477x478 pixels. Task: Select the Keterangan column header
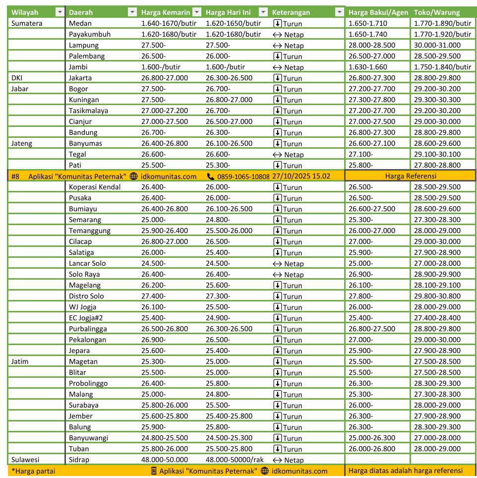coord(292,12)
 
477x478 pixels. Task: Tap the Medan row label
coord(80,23)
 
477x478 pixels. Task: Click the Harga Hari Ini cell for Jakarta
coord(229,78)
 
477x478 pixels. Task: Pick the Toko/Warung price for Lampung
coord(437,45)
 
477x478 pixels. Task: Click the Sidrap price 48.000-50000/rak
coord(235,460)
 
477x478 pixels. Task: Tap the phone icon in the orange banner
coord(211,176)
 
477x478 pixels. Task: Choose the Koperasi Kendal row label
coord(95,187)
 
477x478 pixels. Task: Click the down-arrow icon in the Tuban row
coord(277,449)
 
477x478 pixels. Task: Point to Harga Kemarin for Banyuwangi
coord(164,438)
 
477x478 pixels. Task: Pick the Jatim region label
coord(20,361)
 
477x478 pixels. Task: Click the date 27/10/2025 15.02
coord(304,176)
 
